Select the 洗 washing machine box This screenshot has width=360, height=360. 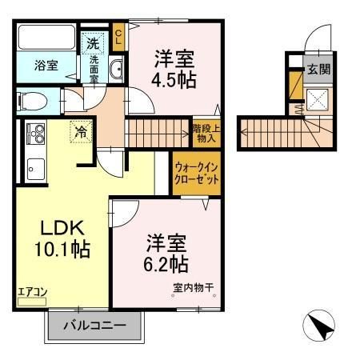pyautogui.click(x=94, y=42)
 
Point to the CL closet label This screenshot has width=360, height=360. pyautogui.click(x=118, y=36)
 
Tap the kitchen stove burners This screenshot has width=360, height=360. pyautogui.click(x=35, y=133)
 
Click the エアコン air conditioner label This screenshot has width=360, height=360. pyautogui.click(x=30, y=293)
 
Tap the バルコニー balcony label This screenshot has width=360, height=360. pyautogui.click(x=97, y=326)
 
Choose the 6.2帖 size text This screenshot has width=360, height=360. pyautogui.click(x=167, y=263)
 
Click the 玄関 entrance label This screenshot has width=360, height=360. pyautogui.click(x=318, y=69)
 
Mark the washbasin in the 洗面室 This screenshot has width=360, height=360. pyautogui.click(x=115, y=70)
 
